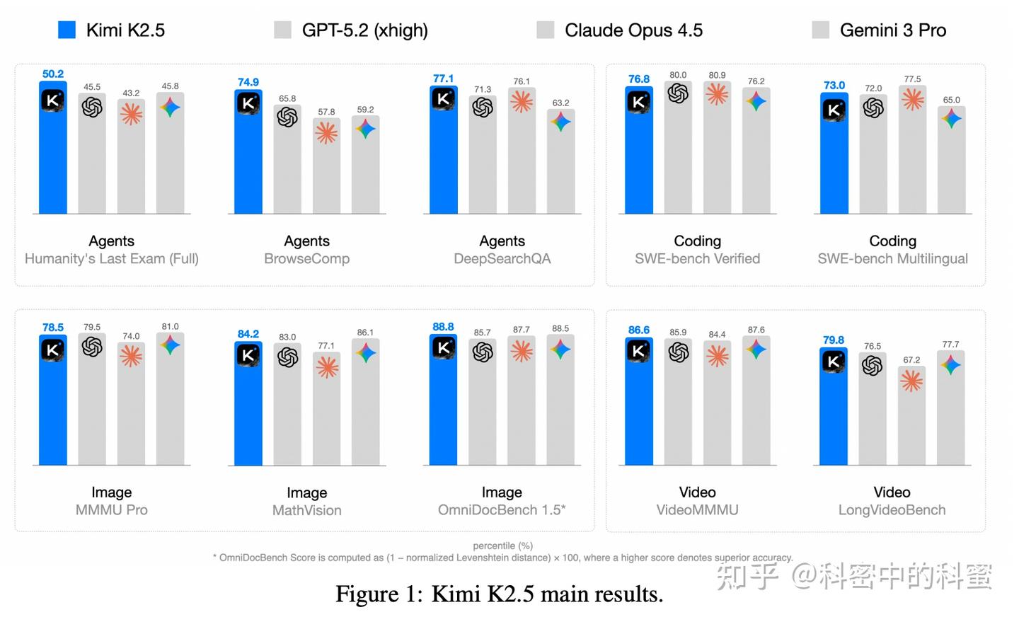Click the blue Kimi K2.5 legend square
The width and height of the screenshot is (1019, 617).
coord(67,30)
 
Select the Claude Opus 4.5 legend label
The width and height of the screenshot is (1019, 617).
coord(633,30)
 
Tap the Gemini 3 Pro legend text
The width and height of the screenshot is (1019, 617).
coord(892,30)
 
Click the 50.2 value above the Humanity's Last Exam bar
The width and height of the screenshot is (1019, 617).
coord(53,74)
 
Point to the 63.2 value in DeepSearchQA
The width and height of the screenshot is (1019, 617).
coord(560,103)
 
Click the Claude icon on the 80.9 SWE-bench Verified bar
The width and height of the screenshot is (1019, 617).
coord(717,94)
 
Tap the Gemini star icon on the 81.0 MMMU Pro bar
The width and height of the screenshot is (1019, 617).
coord(170,345)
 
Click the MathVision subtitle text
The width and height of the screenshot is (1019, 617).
coord(306,510)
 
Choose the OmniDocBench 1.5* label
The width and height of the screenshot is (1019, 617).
coord(502,509)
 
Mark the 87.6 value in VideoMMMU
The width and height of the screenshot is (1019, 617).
coord(756,330)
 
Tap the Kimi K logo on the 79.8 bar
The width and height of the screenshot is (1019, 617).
coord(834,362)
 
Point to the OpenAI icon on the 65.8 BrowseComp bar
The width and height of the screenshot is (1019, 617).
coord(287,117)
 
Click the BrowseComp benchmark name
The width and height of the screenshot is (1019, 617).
coord(306,259)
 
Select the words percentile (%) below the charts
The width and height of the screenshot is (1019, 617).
coord(502,546)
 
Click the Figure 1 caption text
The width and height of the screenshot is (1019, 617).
coord(499,594)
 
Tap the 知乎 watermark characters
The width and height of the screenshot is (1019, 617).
coord(747,577)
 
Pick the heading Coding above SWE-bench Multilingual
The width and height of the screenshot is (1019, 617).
coord(892,241)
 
